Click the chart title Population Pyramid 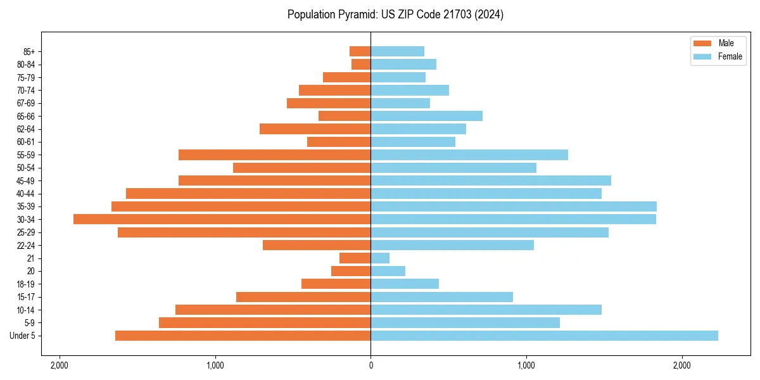[x=395, y=15]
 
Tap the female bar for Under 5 [x=544, y=336]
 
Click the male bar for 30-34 [x=222, y=219]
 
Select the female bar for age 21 [x=380, y=258]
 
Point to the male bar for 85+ [x=360, y=51]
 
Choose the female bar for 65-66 [x=426, y=116]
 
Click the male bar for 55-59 [x=274, y=155]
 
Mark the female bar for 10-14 [x=486, y=310]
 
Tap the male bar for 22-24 [x=317, y=245]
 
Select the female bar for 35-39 [x=514, y=206]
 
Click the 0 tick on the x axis [x=371, y=365]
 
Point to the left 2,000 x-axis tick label [x=60, y=365]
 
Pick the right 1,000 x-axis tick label [x=526, y=365]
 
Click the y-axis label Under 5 [x=23, y=336]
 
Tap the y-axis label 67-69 [x=26, y=103]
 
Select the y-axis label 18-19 [x=26, y=284]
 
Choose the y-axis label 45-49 [x=26, y=180]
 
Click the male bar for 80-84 [x=361, y=64]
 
